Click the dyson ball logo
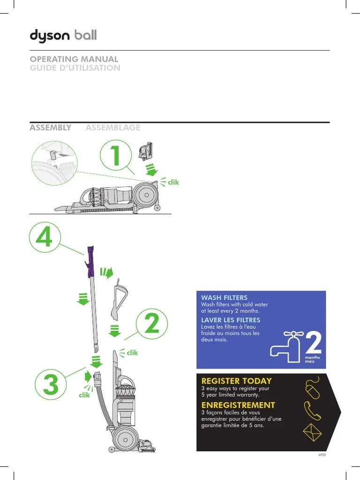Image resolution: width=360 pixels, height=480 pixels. pyautogui.click(x=63, y=36)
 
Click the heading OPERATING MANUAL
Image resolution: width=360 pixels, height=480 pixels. pyautogui.click(x=74, y=60)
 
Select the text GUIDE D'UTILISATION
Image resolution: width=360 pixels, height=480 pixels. pyautogui.click(x=75, y=68)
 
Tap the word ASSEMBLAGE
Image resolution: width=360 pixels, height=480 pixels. pyautogui.click(x=112, y=127)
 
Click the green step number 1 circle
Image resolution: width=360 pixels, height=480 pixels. pyautogui.click(x=116, y=156)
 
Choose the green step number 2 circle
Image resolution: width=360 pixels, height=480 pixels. pyautogui.click(x=152, y=325)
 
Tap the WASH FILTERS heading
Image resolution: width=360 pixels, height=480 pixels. pyautogui.click(x=224, y=298)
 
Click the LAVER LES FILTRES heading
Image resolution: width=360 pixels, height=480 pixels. pyautogui.click(x=230, y=320)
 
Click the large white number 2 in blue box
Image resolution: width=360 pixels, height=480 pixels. pyautogui.click(x=313, y=344)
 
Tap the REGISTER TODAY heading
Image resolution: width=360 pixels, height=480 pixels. pyautogui.click(x=236, y=381)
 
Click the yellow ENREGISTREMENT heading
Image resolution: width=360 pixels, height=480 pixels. pyautogui.click(x=238, y=405)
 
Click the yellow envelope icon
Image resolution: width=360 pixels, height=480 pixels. pyautogui.click(x=313, y=432)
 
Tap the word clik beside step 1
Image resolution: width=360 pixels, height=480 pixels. pyautogui.click(x=173, y=182)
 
